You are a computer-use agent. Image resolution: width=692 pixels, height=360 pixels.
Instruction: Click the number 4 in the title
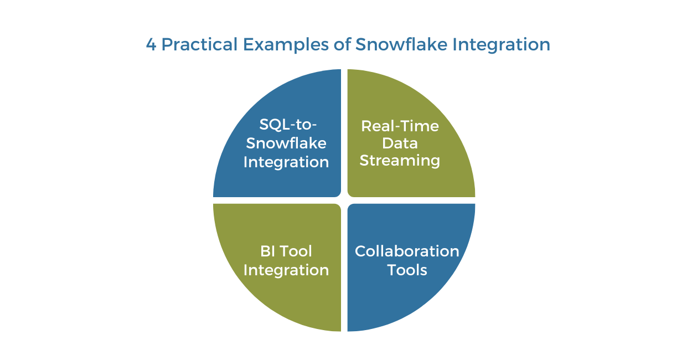point(151,44)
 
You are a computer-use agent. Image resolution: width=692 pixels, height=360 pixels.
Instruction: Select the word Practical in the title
point(194,44)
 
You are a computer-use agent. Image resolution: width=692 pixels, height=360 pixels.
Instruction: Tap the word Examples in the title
point(268,44)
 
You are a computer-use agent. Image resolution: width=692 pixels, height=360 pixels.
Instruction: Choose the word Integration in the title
point(502,44)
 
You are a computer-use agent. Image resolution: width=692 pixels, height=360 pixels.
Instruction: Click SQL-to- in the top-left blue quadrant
point(286,124)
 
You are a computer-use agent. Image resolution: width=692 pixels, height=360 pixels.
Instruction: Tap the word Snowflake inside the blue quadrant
point(286,143)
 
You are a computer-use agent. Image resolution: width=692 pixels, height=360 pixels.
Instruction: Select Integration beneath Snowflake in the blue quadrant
point(286,162)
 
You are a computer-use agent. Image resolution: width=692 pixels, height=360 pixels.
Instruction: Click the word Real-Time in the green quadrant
point(400,126)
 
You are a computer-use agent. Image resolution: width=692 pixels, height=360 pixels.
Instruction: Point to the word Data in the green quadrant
point(400,143)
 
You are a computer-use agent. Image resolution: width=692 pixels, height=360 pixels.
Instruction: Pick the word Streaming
point(400,161)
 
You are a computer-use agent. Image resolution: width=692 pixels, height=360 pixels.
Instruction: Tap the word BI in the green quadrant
point(267,251)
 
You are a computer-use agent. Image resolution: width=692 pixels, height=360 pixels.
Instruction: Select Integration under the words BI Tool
point(286,270)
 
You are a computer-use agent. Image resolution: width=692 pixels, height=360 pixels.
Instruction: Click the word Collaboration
point(407,251)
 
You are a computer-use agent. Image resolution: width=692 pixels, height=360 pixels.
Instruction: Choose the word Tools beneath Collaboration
point(407,270)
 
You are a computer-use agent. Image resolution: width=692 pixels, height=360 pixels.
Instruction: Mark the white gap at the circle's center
point(344,200)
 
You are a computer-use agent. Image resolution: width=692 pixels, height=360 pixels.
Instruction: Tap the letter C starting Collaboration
point(360,251)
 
